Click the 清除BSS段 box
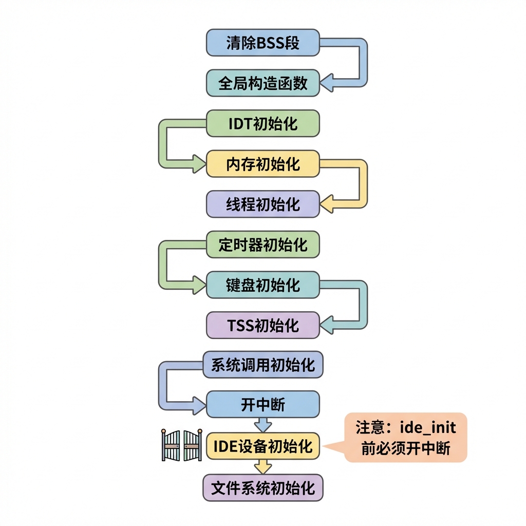click(262, 43)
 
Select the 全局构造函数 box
click(262, 83)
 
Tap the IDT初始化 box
click(262, 123)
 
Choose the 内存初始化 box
click(262, 164)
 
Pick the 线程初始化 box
click(262, 204)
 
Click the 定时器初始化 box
click(262, 244)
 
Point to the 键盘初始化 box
click(262, 285)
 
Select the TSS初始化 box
click(262, 325)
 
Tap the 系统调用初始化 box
click(262, 365)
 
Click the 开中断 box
click(262, 404)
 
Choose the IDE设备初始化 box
click(262, 446)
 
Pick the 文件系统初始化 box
click(262, 488)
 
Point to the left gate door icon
click(171, 445)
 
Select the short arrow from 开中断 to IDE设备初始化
click(263, 425)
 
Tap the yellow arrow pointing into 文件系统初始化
click(263, 466)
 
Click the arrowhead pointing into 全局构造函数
click(327, 83)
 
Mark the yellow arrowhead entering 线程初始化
click(327, 204)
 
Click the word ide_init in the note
click(428, 428)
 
